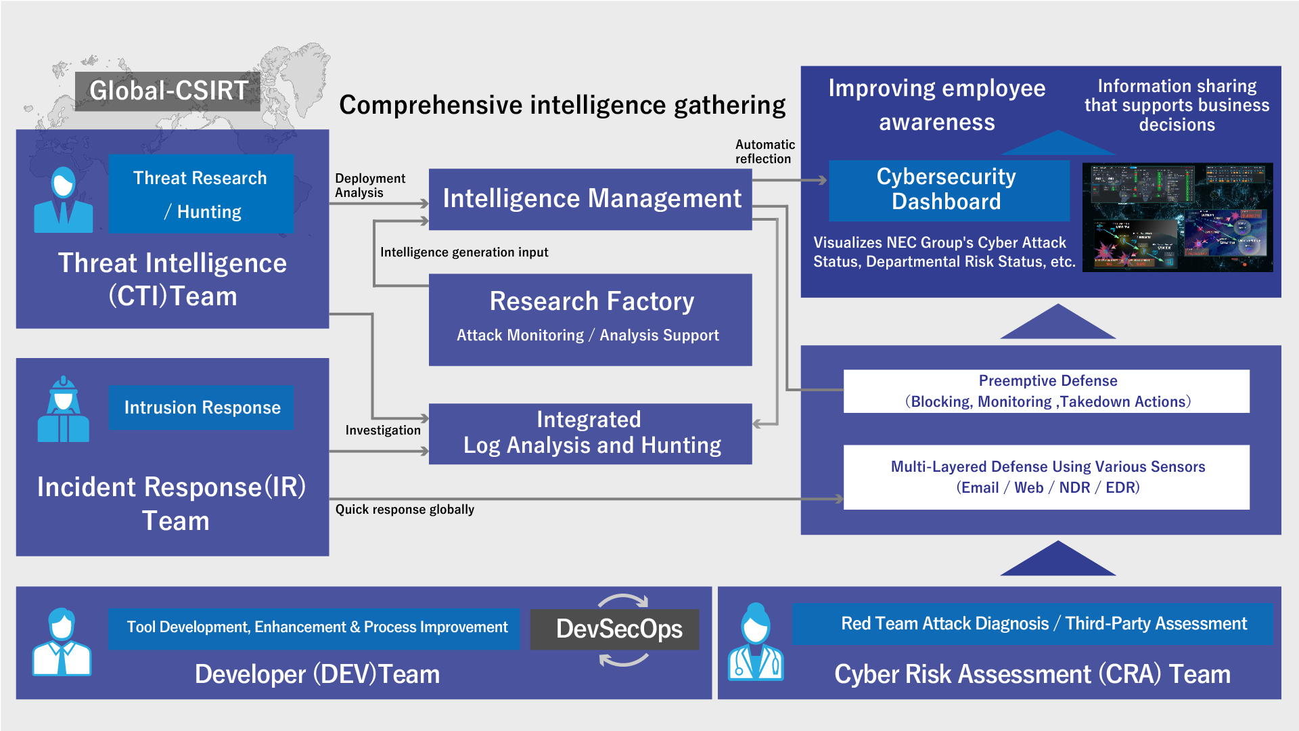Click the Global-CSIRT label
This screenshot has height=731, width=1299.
pos(168,91)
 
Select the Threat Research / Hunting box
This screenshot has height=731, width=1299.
pos(201,194)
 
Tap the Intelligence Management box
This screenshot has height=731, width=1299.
pos(590,199)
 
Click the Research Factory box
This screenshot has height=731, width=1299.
pos(590,319)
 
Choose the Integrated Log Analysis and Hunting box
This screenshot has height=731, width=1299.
pos(590,433)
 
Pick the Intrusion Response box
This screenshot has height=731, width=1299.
pos(201,407)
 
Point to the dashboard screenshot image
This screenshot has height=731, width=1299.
pos(1177,217)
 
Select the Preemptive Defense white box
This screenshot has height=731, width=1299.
pos(1046,391)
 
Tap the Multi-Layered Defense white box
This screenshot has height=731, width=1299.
pos(1046,477)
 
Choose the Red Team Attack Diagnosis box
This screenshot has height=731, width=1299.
pos(1032,624)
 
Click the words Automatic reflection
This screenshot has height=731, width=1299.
pos(765,152)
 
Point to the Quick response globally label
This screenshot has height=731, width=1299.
pos(405,510)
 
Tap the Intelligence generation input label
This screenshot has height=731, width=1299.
pos(464,252)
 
